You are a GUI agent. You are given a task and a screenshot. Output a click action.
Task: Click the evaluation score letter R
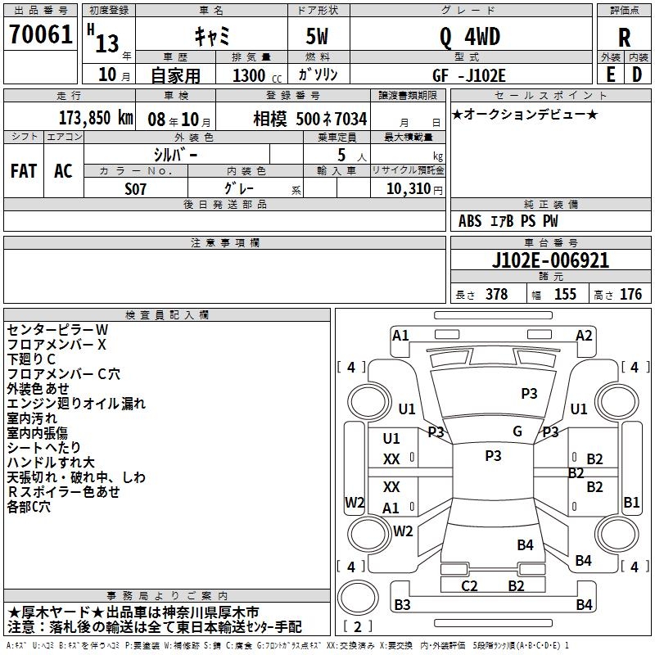624,38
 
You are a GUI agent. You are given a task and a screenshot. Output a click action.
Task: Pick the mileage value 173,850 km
96,118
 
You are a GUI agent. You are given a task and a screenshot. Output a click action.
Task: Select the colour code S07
136,187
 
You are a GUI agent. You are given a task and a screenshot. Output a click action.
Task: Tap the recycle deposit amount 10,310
408,188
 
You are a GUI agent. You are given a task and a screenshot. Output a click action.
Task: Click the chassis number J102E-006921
550,260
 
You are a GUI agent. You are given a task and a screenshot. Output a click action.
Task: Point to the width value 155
565,295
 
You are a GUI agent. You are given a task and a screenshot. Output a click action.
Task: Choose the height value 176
630,295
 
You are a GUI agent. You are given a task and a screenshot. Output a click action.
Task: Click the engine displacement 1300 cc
249,75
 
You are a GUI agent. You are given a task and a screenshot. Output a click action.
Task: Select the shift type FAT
24,171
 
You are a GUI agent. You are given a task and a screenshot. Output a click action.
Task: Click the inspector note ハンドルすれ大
51,463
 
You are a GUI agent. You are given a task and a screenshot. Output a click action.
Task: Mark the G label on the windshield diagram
517,431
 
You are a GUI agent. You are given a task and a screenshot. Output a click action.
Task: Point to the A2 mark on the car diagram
584,335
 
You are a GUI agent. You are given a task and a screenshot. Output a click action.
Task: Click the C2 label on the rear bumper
469,585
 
